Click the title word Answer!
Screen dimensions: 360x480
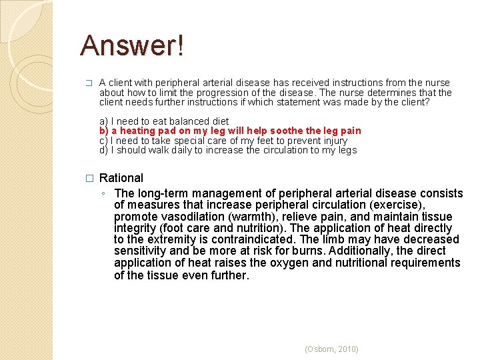(x=132, y=45)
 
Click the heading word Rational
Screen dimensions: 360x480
(x=121, y=178)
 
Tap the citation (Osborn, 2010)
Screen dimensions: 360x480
(x=331, y=349)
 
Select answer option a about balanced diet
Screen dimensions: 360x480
(x=163, y=121)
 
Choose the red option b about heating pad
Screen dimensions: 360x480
(x=230, y=131)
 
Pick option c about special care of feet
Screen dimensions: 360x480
(x=223, y=141)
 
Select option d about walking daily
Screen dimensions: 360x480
(x=228, y=150)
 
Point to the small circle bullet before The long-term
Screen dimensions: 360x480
(x=105, y=194)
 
